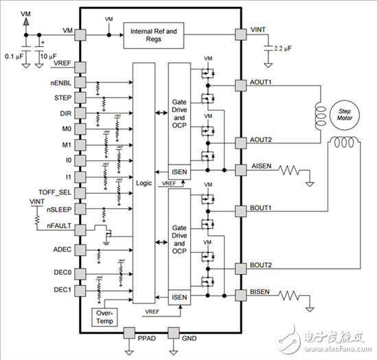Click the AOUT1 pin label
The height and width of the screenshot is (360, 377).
(261, 81)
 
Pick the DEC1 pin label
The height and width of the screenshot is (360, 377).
(60, 289)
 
